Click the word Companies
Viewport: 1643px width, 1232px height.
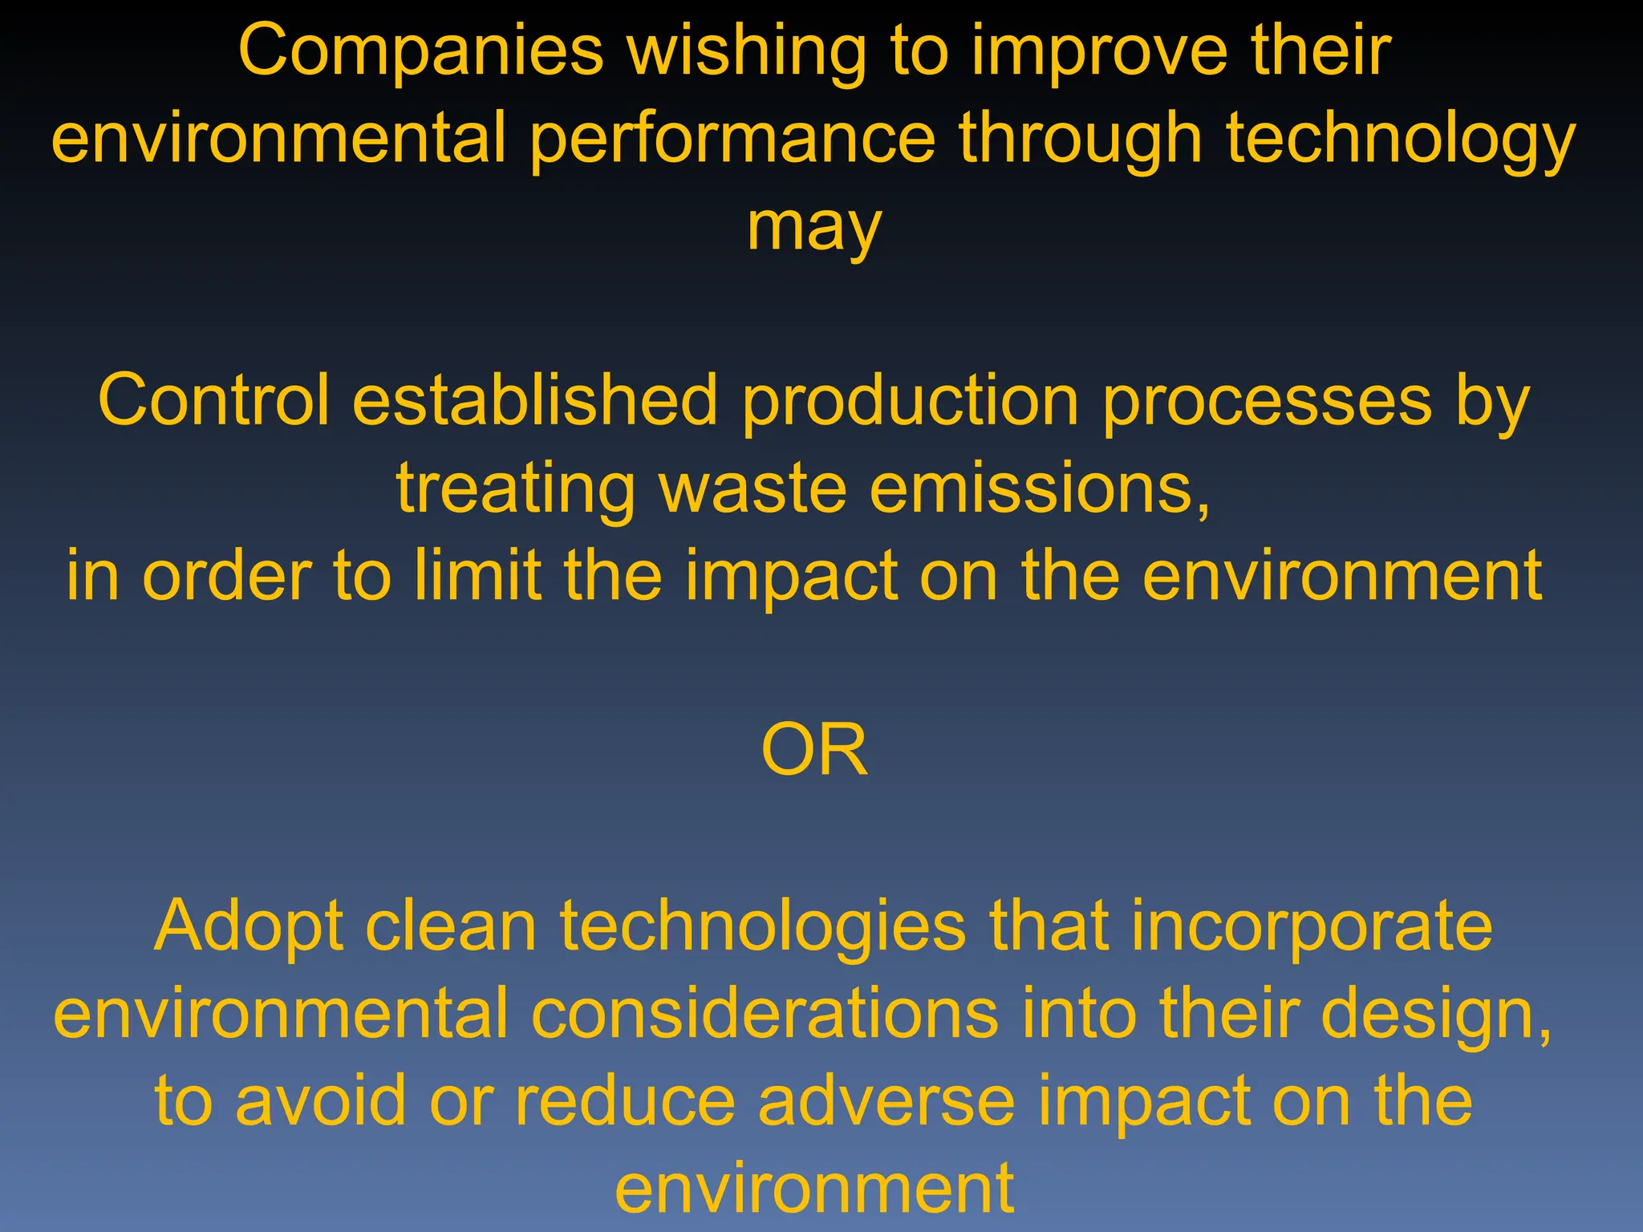click(420, 51)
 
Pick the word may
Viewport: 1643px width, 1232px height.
click(814, 229)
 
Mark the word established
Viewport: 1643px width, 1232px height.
click(535, 400)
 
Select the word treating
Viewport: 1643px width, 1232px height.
click(516, 490)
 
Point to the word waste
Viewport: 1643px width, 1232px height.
click(753, 488)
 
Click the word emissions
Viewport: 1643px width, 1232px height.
click(1040, 488)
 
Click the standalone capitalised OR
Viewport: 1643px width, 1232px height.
click(814, 750)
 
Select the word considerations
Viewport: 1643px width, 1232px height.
click(765, 1014)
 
